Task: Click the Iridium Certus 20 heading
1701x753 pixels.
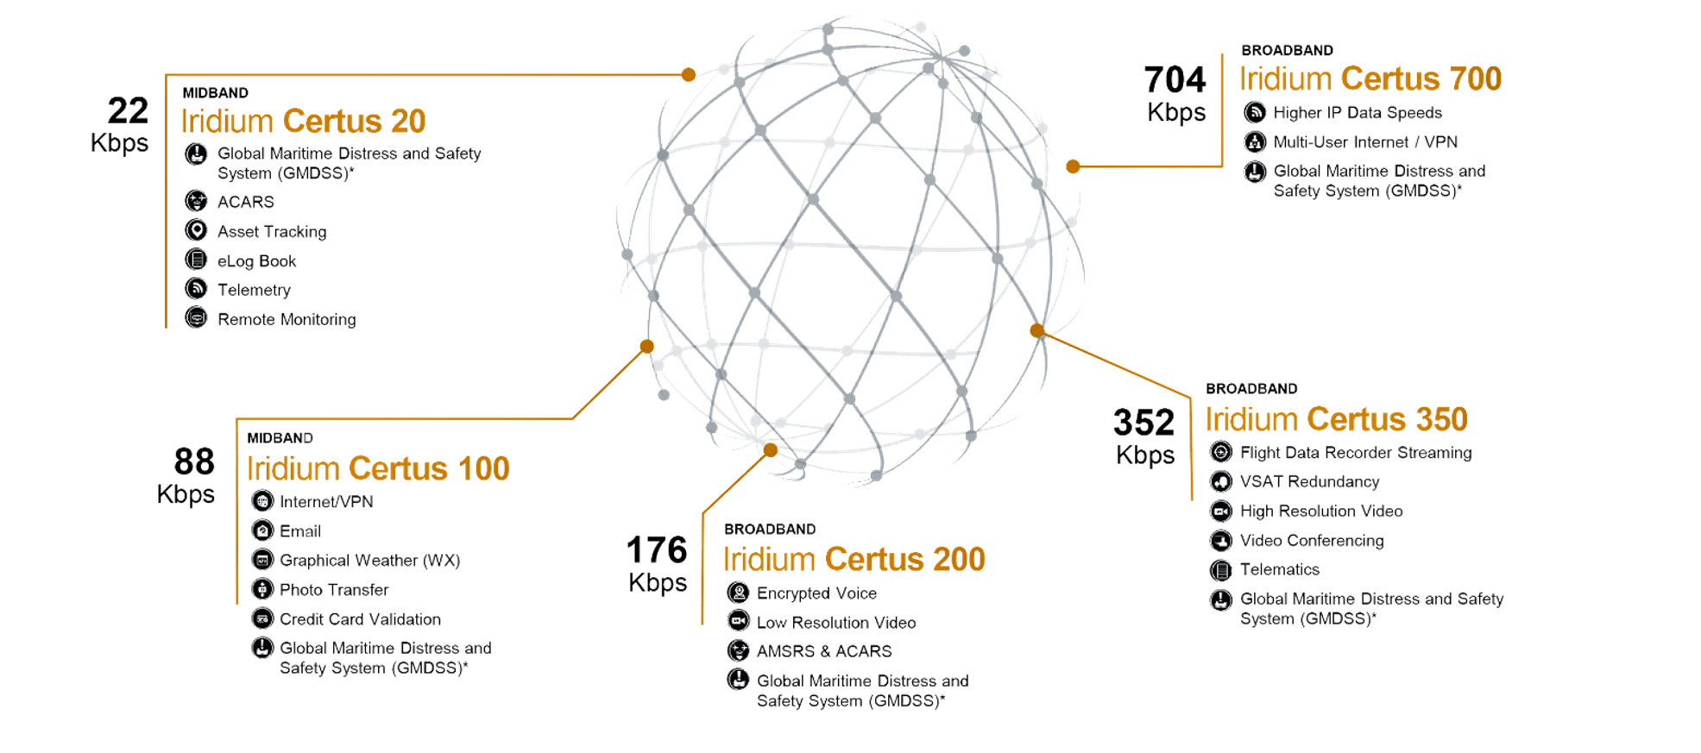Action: [x=303, y=122]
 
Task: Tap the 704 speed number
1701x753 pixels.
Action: [x=1175, y=80]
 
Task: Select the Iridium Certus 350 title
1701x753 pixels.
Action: [x=1336, y=419]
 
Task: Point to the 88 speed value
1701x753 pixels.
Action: [x=194, y=462]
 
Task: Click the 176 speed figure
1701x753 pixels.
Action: [x=657, y=550]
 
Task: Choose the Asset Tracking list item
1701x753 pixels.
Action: [x=272, y=232]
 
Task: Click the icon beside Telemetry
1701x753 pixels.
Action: [x=197, y=289]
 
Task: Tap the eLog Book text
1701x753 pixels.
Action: [x=256, y=261]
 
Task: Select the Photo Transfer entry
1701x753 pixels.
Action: [x=334, y=590]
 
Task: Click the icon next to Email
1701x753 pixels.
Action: [x=262, y=530]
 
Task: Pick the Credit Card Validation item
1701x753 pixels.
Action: [x=360, y=619]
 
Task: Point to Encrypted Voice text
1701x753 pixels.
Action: [x=816, y=593]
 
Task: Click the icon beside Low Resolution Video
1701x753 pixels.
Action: [x=739, y=621]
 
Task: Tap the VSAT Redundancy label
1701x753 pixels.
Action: [x=1309, y=482]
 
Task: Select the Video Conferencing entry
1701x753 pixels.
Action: [x=1312, y=541]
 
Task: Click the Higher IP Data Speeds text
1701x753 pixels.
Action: [x=1358, y=113]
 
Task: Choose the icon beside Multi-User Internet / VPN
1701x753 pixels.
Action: [x=1255, y=141]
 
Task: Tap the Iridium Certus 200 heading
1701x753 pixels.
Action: [x=854, y=560]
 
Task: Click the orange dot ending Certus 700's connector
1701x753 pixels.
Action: [x=1073, y=166]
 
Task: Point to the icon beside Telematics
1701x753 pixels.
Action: [x=1221, y=570]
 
